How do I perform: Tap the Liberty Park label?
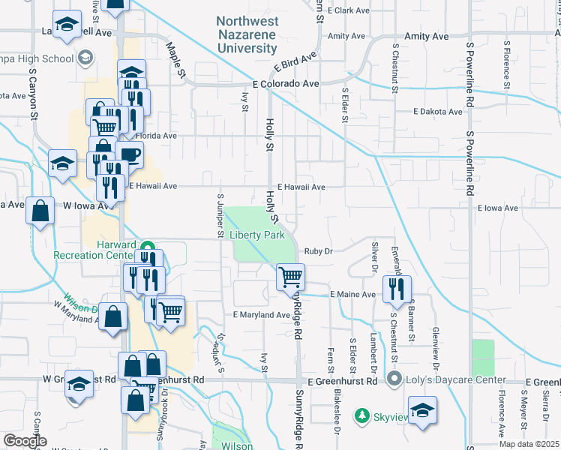(257, 235)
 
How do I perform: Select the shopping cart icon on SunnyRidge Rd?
(290, 277)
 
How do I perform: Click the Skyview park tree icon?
(363, 415)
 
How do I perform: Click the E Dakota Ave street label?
(438, 112)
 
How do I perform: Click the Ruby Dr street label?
(318, 251)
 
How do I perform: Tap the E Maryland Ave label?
(261, 314)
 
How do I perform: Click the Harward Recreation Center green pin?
(148, 246)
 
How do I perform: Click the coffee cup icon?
(130, 154)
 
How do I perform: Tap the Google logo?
(25, 441)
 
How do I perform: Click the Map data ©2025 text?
(529, 445)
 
